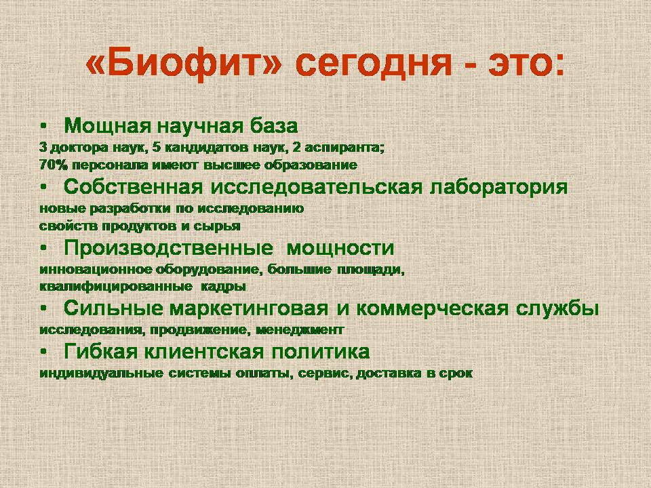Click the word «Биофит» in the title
[184, 64]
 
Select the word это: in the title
[526, 64]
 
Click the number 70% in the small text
[54, 165]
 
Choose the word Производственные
[168, 248]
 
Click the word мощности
[340, 249]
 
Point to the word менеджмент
[300, 330]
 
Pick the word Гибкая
[100, 352]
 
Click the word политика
[321, 352]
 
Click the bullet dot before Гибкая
[43, 352]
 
